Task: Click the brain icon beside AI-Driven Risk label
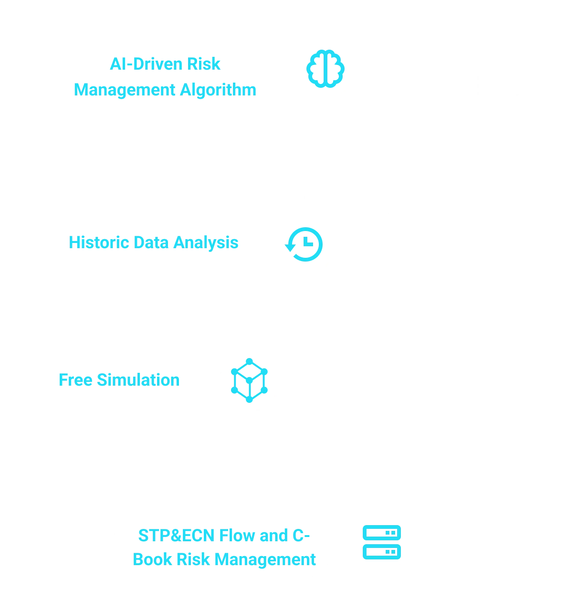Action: pyautogui.click(x=325, y=69)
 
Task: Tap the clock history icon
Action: pyautogui.click(x=305, y=244)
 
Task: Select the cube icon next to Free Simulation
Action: pyautogui.click(x=250, y=379)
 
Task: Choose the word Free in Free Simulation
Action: pyautogui.click(x=75, y=379)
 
